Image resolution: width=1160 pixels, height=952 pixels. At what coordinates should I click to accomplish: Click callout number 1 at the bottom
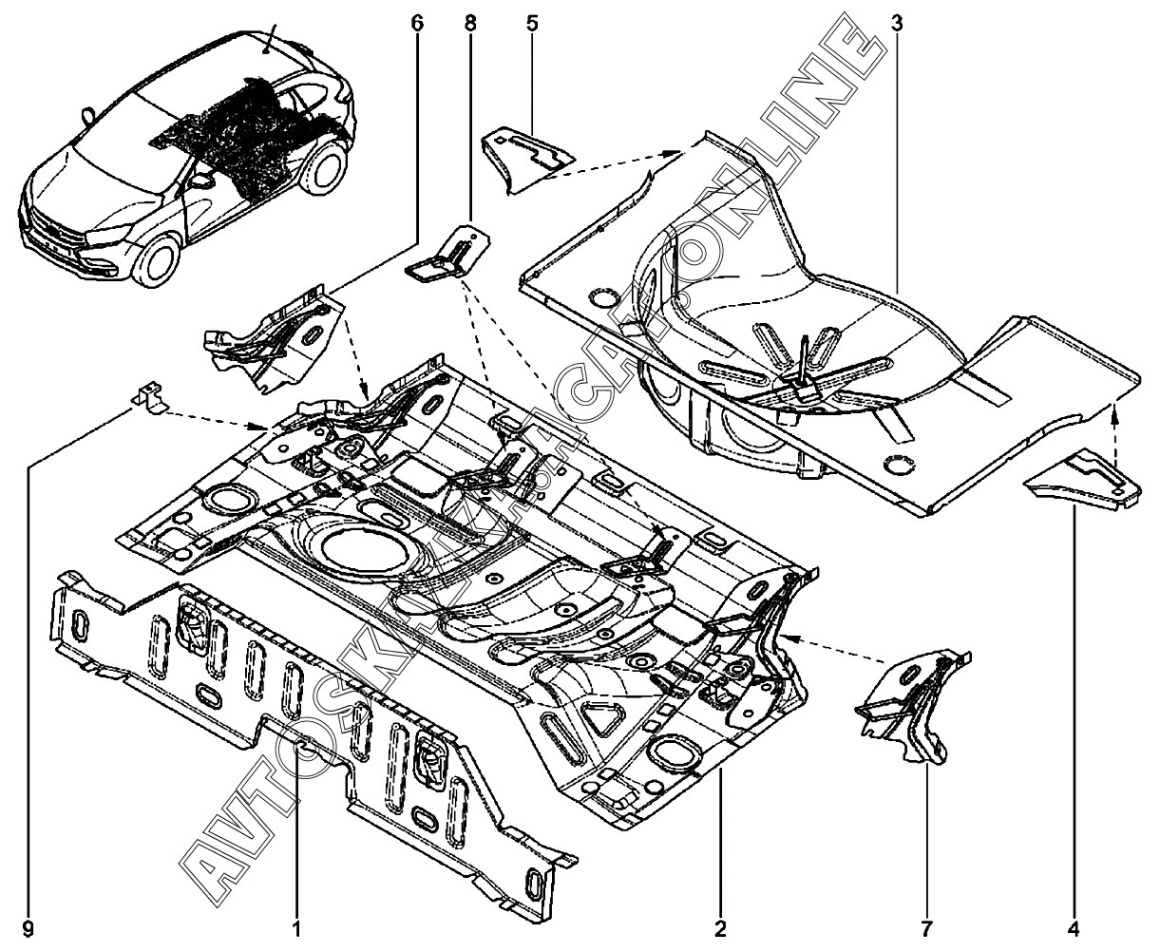click(296, 926)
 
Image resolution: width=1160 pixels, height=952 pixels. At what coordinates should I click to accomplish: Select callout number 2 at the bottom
click(721, 926)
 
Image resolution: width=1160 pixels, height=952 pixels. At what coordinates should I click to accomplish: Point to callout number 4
click(1075, 926)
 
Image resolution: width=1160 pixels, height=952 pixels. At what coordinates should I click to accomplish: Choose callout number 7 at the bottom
click(927, 926)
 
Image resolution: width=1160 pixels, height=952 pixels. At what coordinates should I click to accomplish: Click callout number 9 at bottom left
click(29, 926)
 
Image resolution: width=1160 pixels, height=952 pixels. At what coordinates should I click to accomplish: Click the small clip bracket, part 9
click(148, 397)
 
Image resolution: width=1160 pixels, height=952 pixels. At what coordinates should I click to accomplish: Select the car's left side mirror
click(201, 179)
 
